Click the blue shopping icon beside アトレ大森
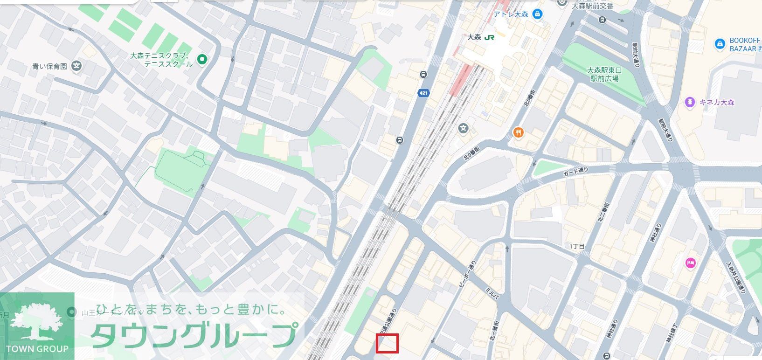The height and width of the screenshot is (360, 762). point(538,14)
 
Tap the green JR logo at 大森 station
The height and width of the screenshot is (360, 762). point(489,37)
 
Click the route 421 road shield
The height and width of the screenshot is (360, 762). point(423,93)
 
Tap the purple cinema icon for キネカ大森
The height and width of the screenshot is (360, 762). point(689,102)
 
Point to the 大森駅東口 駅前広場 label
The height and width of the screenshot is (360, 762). point(604,74)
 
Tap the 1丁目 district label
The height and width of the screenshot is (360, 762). point(577,246)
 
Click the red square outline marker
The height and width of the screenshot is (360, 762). point(387,343)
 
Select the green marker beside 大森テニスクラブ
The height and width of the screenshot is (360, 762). point(202,59)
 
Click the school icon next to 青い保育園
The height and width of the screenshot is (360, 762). point(77,66)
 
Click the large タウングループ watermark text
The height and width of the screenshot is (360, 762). point(194,334)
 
